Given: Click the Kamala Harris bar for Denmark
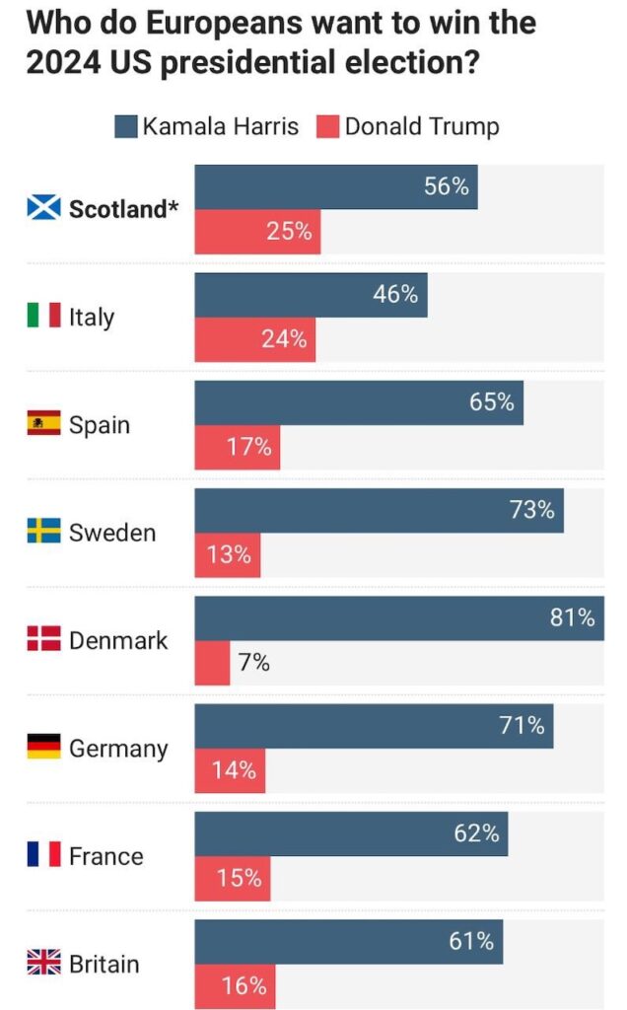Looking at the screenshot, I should click(x=399, y=618).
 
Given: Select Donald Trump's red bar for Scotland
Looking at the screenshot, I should click(x=257, y=232).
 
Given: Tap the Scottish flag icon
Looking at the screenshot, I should click(x=43, y=209).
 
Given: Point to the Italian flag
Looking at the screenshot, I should click(x=43, y=317).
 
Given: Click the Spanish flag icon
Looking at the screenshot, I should click(x=43, y=424).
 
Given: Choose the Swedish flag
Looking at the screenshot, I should click(x=43, y=532).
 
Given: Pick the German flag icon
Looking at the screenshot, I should click(x=43, y=748).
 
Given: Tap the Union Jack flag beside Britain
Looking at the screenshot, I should click(x=43, y=963).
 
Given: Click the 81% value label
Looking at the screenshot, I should click(x=572, y=618).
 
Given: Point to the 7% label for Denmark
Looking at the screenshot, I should click(x=253, y=663).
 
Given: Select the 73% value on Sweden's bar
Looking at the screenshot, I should click(x=531, y=511).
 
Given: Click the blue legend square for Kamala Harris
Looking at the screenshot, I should click(x=126, y=126).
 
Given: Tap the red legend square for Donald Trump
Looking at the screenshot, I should click(x=328, y=126).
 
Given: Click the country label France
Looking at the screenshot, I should click(x=105, y=856).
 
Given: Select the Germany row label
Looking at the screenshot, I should click(x=118, y=749).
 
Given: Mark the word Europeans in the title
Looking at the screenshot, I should click(x=195, y=22).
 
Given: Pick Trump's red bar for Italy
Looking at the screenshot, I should click(x=255, y=339).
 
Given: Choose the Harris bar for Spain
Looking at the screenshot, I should click(x=359, y=403).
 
